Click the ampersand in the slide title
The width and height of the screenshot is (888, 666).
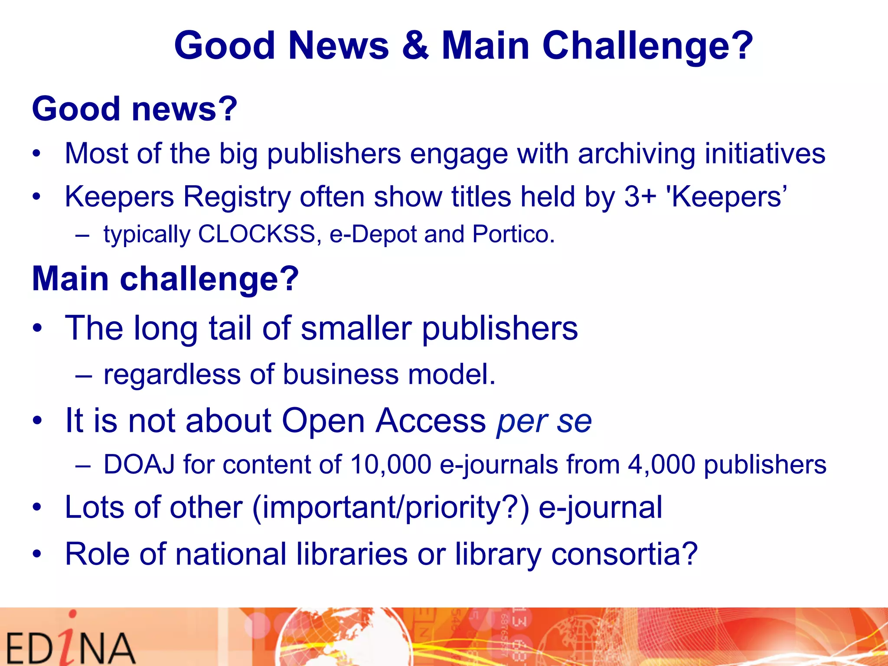point(415,46)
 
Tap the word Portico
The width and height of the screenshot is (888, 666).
point(513,234)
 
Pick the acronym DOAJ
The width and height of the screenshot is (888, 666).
point(139,464)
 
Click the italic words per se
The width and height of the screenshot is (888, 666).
point(544,421)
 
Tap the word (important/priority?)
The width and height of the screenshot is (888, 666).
point(390,507)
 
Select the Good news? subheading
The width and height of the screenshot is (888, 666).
point(134,108)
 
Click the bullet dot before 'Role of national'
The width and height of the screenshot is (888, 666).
point(38,554)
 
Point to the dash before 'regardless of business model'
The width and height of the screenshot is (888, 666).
point(83,375)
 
